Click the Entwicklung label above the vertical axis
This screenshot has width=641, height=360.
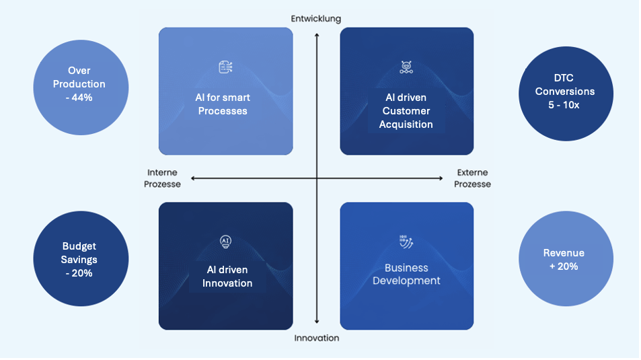(316, 18)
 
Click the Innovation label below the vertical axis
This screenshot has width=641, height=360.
(317, 338)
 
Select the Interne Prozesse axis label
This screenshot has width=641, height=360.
(162, 178)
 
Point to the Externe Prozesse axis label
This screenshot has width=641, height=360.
(472, 178)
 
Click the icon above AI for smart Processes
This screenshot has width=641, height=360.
(225, 67)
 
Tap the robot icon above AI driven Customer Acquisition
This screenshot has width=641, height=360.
(406, 67)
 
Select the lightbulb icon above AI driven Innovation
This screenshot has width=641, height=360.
(226, 242)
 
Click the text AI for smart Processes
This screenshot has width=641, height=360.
(223, 104)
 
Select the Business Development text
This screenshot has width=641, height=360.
(406, 274)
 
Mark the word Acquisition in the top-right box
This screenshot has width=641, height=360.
(406, 124)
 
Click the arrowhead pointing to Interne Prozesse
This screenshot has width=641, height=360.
(193, 178)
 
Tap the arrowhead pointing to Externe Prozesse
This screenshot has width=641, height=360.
(441, 178)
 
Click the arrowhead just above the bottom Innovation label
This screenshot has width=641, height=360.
(316, 324)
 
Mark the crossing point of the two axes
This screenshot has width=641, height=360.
(316, 178)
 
